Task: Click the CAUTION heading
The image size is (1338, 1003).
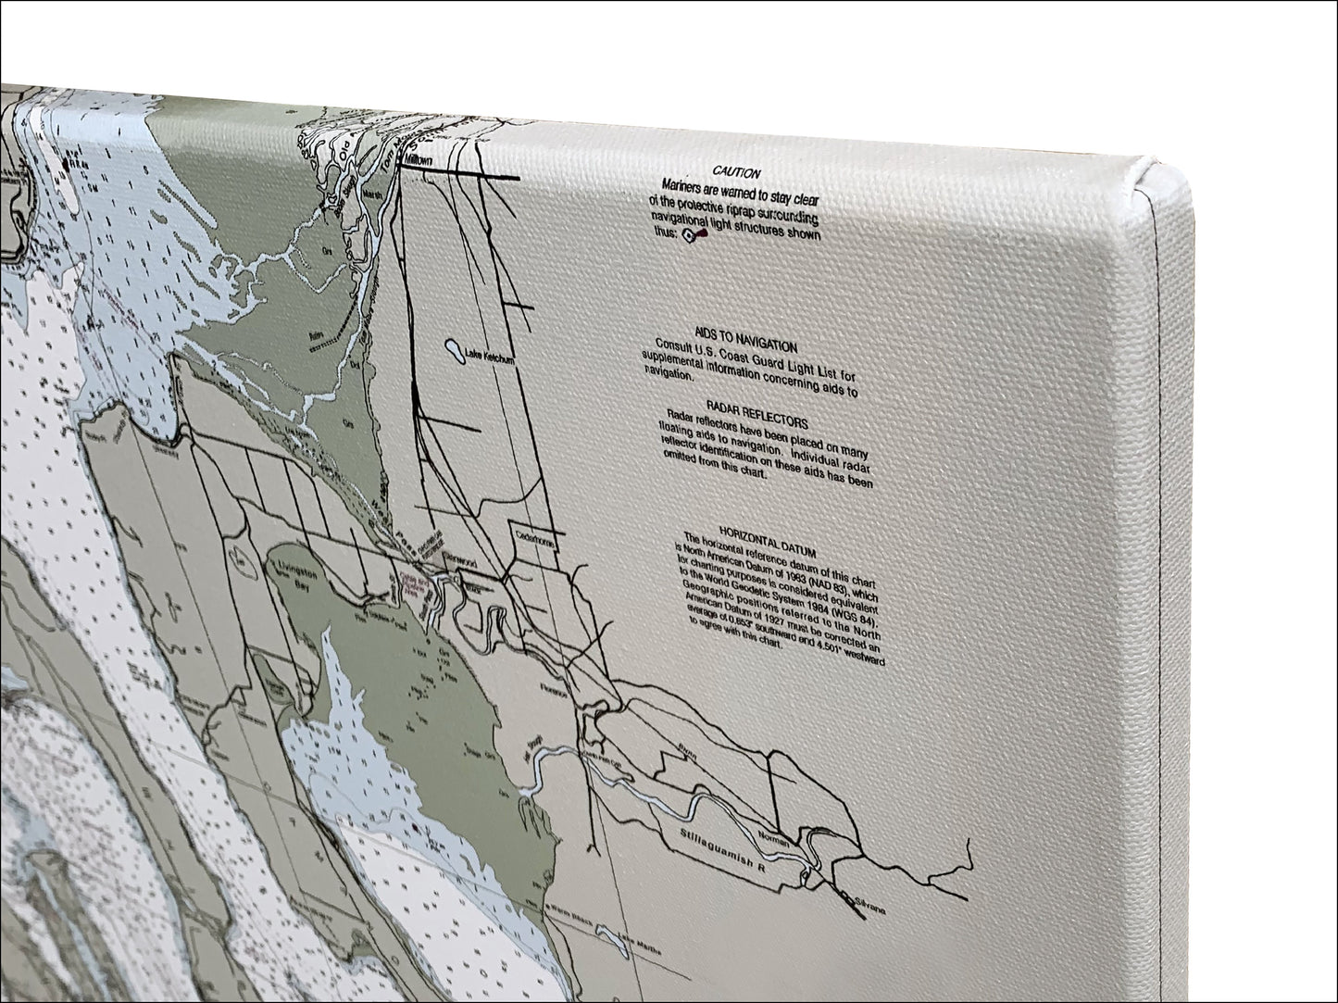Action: tap(738, 173)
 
